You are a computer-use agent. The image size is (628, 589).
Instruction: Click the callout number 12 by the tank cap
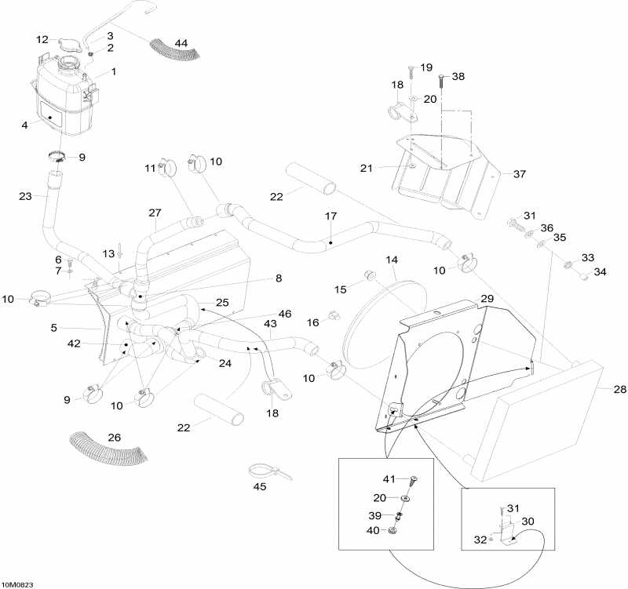(42, 39)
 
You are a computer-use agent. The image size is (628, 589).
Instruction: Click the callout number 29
(487, 300)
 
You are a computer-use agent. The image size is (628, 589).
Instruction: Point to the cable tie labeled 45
(264, 472)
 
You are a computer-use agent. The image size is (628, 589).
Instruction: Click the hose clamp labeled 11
(166, 168)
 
